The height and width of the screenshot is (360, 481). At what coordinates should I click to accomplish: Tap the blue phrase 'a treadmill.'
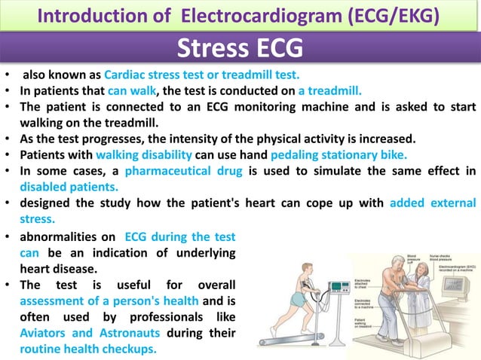coord(331,90)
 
